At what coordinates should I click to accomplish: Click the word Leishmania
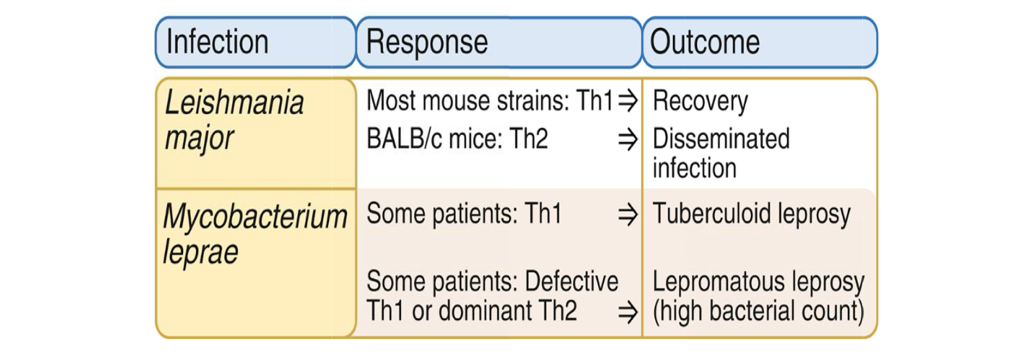(x=234, y=102)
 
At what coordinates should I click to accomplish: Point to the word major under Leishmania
(x=199, y=138)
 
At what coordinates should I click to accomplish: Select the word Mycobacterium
(x=255, y=217)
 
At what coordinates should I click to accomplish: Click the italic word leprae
(x=200, y=252)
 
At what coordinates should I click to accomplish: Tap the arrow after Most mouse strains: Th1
(x=628, y=101)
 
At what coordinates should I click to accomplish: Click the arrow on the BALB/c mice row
(x=628, y=140)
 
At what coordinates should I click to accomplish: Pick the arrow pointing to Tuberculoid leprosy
(x=628, y=215)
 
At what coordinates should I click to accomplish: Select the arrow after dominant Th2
(x=628, y=312)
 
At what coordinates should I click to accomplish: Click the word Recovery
(x=700, y=101)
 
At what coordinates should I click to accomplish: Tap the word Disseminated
(x=721, y=139)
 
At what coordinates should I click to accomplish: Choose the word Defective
(x=571, y=282)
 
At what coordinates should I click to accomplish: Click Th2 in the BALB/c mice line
(x=528, y=139)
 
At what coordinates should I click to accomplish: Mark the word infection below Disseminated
(x=694, y=168)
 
